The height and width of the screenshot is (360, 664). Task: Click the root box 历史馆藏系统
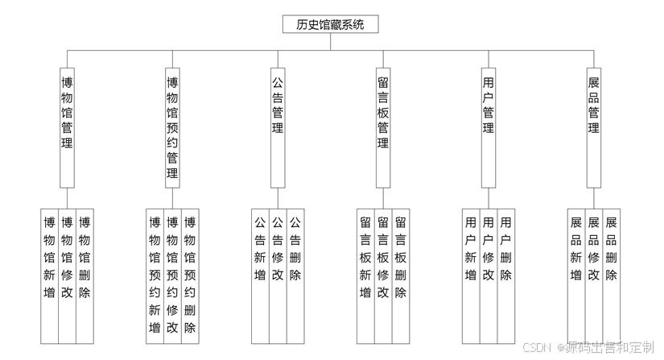pos(331,25)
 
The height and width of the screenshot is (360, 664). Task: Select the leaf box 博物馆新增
pos(50,274)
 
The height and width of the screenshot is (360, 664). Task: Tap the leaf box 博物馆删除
pos(85,274)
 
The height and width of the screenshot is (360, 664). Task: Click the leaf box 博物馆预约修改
pos(172,274)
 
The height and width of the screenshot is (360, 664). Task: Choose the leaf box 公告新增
pos(260,274)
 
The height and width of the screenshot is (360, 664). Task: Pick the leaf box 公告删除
pos(295,274)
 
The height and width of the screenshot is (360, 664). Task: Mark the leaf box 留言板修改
pos(383,274)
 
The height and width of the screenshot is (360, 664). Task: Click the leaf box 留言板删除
pos(401,274)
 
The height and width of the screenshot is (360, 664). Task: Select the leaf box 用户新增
pos(471,274)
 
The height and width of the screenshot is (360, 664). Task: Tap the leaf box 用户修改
pos(489,274)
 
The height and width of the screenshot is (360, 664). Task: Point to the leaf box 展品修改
pos(594,274)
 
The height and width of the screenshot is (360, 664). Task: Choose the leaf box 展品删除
pos(612,274)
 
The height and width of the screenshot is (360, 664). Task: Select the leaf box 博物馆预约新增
pos(155,274)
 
